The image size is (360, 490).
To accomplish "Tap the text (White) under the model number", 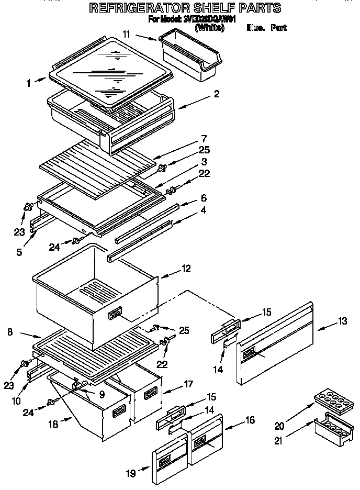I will point(209,28).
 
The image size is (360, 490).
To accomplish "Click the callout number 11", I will point(127,34).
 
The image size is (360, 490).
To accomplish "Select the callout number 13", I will point(342,321).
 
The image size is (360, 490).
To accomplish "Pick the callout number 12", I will point(185,269).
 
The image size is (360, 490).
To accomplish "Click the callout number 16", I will point(250,420).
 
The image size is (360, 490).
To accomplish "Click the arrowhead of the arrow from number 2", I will point(178,107).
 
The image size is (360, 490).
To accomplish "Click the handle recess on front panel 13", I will point(249,352).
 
